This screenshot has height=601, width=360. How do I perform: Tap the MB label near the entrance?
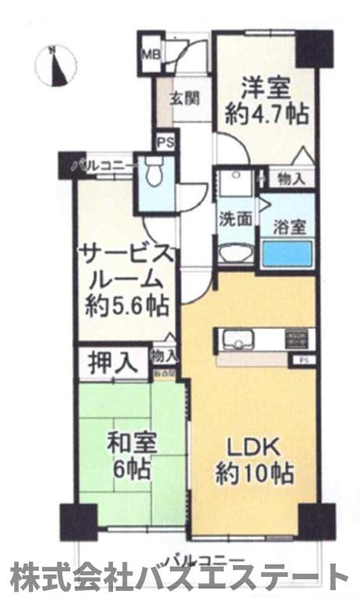click(x=149, y=55)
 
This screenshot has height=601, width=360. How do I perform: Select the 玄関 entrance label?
click(x=185, y=99)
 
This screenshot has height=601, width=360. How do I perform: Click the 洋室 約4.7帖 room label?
click(x=266, y=101)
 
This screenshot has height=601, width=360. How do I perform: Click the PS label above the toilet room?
click(x=164, y=143)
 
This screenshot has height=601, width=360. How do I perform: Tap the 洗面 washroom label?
click(x=235, y=219)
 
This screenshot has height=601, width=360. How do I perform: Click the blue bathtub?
click(x=288, y=253)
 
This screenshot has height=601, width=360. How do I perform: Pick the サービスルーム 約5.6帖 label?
click(x=127, y=279)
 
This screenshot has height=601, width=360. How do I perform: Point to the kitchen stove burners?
click(x=296, y=339)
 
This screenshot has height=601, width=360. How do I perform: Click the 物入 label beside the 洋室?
click(x=291, y=179)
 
